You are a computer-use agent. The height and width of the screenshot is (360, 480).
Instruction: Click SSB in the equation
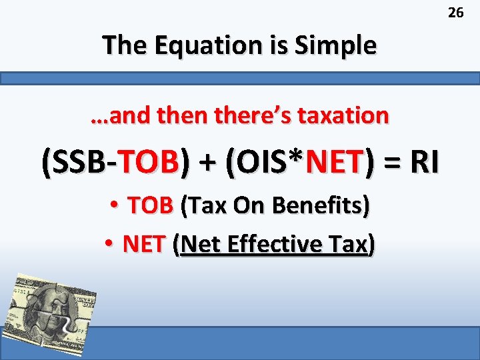tap(77, 162)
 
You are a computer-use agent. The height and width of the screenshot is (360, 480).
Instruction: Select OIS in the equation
tap(263, 162)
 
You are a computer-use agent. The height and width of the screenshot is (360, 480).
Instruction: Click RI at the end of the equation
tap(424, 162)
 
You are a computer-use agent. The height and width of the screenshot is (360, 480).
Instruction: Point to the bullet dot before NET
tap(110, 245)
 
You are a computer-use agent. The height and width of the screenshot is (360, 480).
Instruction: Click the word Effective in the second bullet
tap(272, 245)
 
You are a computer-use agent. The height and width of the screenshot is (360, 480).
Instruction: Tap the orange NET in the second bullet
tap(144, 245)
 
